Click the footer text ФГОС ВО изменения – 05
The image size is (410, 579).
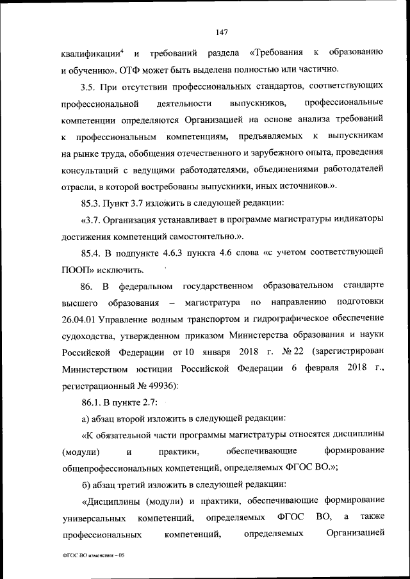(88, 556)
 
